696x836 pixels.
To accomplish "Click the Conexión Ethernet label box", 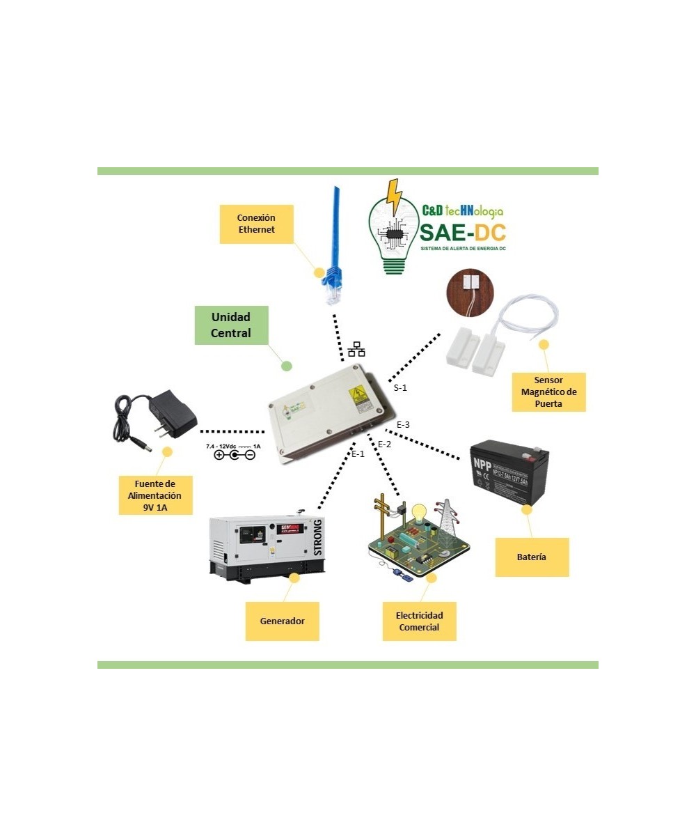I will [x=256, y=224].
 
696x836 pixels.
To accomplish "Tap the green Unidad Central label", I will [x=230, y=325].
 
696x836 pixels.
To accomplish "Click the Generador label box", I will [x=282, y=621].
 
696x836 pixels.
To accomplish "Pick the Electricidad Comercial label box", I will [x=419, y=621].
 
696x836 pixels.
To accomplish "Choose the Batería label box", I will [x=532, y=557].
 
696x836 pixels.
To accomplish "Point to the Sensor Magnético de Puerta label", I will [x=548, y=393].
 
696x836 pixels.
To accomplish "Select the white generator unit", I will [x=266, y=548].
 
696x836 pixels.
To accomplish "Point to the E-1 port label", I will [x=358, y=454].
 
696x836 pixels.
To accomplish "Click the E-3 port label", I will [x=403, y=424].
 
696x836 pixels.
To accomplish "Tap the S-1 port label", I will [x=400, y=388].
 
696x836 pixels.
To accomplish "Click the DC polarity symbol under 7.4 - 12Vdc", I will [x=234, y=455].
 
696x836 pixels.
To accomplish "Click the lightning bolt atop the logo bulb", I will [x=395, y=196].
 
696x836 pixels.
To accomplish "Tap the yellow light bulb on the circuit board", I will [x=419, y=512].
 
